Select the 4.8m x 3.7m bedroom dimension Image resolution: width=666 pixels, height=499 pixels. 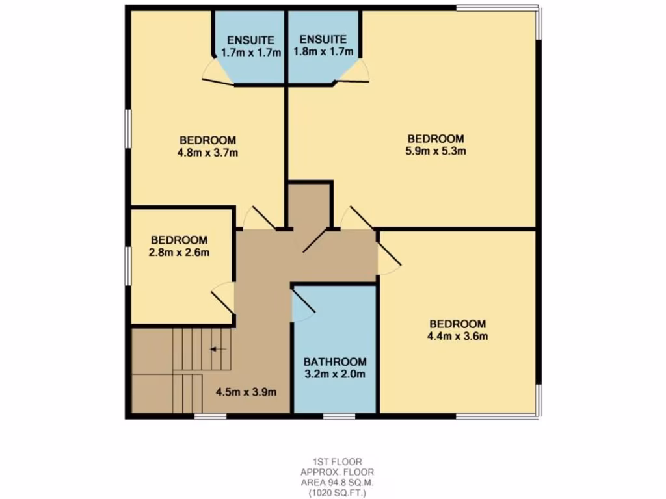click(x=207, y=153)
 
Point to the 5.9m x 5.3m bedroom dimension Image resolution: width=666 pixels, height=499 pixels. click(x=436, y=151)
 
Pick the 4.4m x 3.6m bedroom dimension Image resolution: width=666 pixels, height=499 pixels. click(x=457, y=337)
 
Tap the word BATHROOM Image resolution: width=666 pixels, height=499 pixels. click(x=335, y=361)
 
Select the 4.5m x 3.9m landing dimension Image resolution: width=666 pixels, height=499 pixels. click(x=246, y=392)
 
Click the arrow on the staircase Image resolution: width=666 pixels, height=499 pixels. click(x=218, y=350)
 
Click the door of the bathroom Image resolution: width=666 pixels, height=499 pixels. click(x=302, y=306)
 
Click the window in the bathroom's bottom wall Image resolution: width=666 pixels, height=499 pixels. click(x=338, y=415)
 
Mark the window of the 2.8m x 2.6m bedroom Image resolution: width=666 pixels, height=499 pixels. click(x=129, y=265)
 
